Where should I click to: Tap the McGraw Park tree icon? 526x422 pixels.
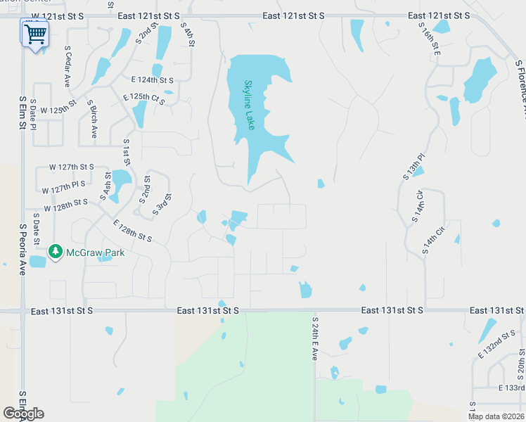point(55,251)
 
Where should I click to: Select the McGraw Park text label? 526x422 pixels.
point(95,252)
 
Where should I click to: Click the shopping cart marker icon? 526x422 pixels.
point(35,33)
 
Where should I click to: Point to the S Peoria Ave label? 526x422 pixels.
point(23,250)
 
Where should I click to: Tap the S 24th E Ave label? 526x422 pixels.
point(315,338)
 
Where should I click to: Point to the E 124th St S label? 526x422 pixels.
point(153,79)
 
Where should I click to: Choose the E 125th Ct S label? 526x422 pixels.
point(144,99)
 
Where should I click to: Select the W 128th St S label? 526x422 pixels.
point(66,205)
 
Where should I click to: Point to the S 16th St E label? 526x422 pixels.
point(429,38)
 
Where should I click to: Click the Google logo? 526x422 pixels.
point(23,414)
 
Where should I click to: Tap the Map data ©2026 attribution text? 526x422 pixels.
point(496,416)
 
